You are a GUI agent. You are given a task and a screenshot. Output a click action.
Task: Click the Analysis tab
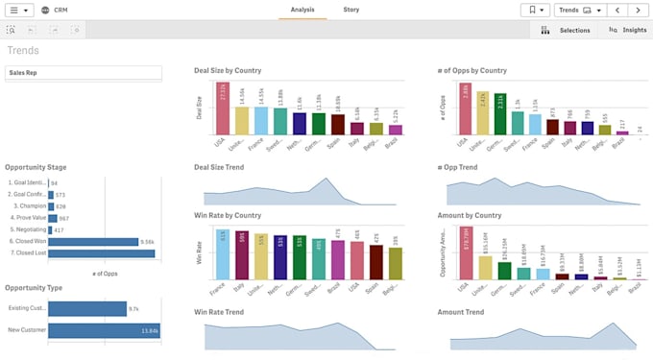click(x=302, y=10)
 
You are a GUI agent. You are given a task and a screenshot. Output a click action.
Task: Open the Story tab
click(x=351, y=10)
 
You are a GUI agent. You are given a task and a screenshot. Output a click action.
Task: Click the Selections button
click(x=566, y=30)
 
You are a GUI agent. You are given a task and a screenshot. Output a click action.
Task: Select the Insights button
click(x=627, y=30)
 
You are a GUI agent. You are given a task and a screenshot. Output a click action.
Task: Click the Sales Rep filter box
click(x=83, y=73)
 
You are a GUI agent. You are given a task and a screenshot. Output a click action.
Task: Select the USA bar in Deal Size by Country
click(x=223, y=108)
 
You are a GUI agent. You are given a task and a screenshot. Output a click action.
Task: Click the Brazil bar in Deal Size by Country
click(x=395, y=129)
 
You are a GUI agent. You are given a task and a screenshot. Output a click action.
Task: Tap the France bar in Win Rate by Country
click(x=223, y=255)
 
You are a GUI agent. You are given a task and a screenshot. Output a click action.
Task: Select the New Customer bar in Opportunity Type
click(x=103, y=330)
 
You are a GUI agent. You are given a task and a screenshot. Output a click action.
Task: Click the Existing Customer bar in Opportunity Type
click(x=86, y=309)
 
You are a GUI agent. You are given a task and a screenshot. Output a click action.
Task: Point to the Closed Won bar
click(x=92, y=242)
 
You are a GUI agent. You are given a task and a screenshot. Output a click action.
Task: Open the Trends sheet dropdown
click(x=581, y=11)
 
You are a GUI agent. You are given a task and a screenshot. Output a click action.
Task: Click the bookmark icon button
click(x=535, y=11)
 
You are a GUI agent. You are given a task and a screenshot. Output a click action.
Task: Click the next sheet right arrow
click(x=638, y=11)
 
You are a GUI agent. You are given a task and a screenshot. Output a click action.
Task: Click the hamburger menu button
click(x=19, y=11)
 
